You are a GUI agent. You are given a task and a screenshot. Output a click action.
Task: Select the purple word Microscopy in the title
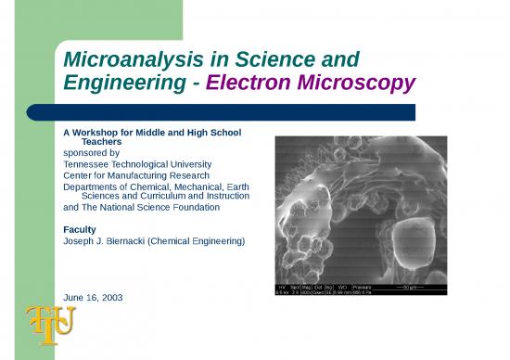pos(356,85)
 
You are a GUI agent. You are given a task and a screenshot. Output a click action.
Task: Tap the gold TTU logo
pos(48,324)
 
